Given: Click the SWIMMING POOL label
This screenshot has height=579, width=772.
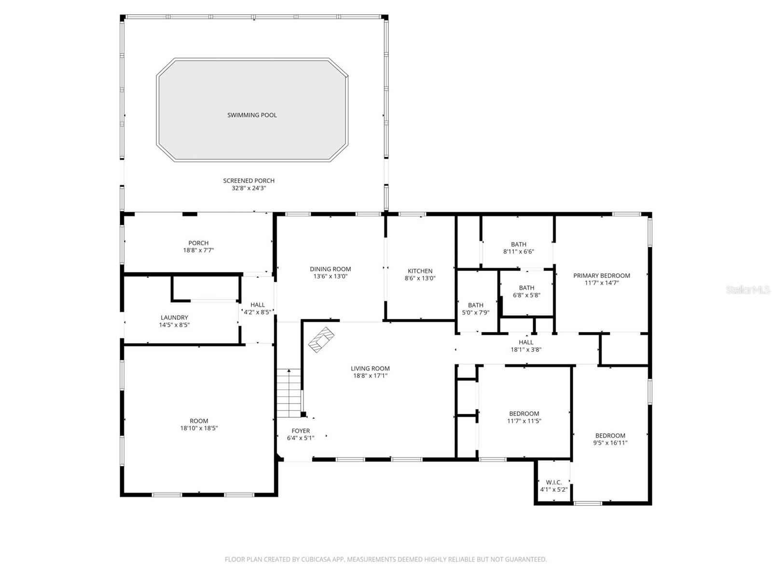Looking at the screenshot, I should click(252, 115).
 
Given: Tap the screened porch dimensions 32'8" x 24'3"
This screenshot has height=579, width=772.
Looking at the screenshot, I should click(248, 188).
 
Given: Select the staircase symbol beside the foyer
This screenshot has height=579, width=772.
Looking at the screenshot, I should click(289, 393).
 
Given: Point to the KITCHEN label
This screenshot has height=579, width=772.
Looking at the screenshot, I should click(420, 271).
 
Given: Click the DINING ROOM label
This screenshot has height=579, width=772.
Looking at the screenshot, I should click(330, 269).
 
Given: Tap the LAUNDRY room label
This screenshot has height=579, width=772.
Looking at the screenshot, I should click(174, 317).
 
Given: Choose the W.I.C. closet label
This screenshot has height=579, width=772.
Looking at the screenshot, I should click(553, 482).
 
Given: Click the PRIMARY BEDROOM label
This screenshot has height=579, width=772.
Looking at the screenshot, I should click(601, 276).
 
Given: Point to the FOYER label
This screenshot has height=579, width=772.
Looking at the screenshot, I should click(301, 431).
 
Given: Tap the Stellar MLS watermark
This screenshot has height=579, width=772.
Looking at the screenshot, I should click(748, 290).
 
